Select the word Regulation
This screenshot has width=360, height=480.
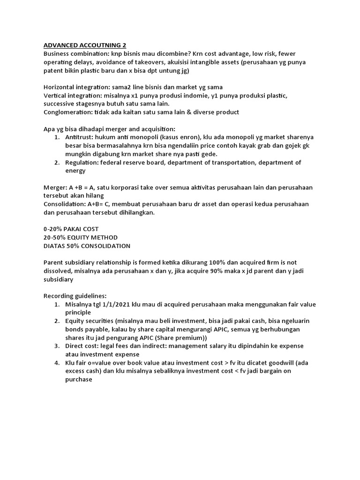82,162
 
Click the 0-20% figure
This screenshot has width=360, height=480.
54,229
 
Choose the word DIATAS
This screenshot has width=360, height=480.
55,246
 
